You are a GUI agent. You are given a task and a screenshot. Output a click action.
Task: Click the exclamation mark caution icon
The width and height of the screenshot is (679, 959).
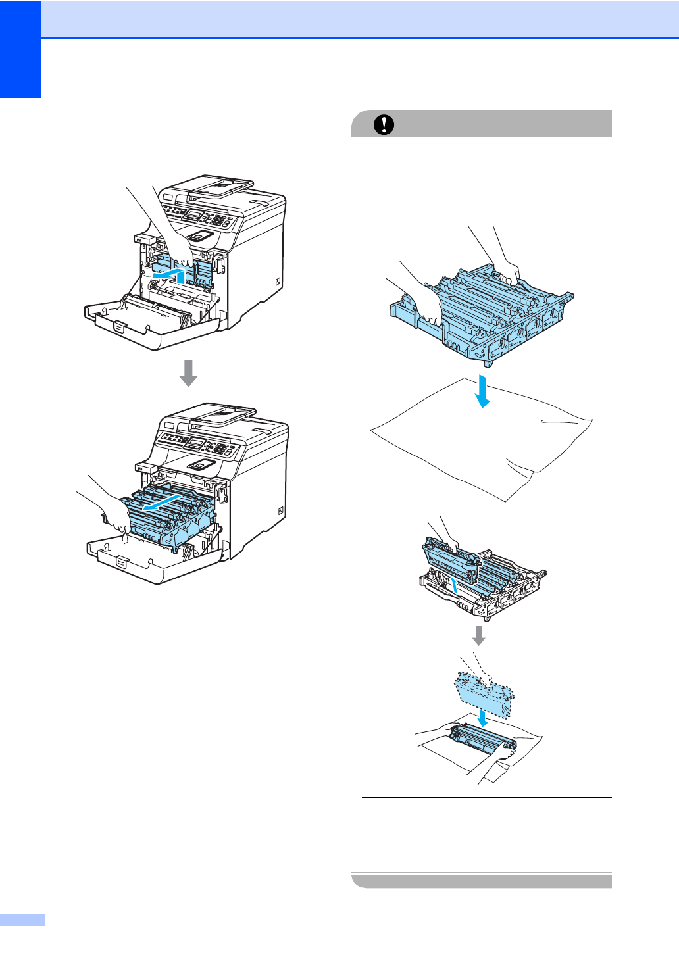(x=384, y=124)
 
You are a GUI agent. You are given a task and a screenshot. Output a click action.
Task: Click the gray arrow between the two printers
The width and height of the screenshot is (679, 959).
(x=189, y=373)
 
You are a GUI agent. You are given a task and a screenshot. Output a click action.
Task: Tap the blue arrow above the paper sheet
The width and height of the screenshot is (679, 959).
(x=483, y=391)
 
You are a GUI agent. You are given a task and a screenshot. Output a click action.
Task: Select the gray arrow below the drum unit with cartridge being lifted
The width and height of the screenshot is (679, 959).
(x=480, y=635)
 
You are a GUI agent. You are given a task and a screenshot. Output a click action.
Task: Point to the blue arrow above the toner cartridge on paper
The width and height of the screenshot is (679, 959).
(x=484, y=717)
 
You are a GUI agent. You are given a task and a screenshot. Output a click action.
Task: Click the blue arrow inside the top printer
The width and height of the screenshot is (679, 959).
(x=169, y=273)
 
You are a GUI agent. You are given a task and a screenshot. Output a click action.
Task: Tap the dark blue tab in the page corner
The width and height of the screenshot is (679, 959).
(x=20, y=49)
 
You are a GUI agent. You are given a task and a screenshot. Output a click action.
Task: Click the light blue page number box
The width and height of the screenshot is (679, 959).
(x=22, y=920)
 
